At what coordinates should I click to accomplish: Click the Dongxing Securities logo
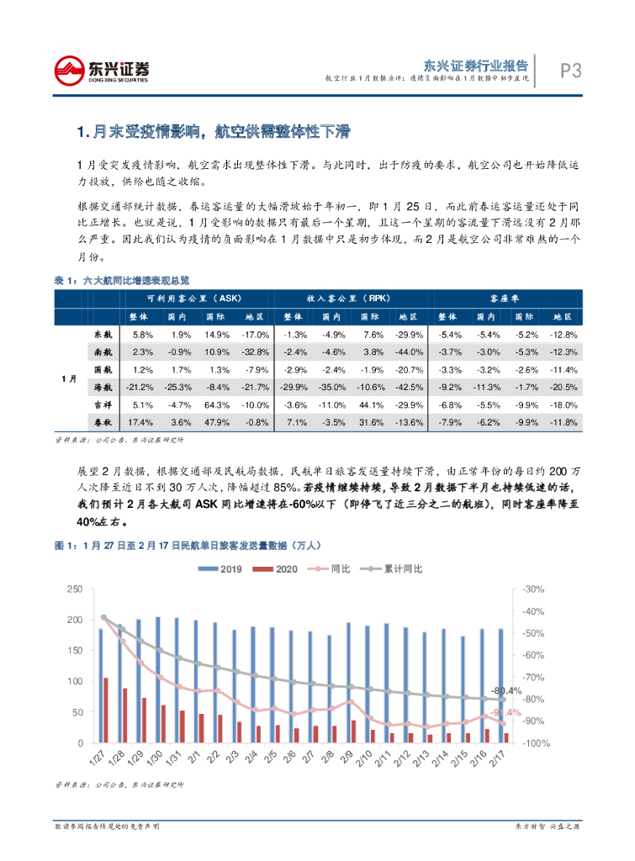tap(101, 71)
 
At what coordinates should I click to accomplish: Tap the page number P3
tap(571, 71)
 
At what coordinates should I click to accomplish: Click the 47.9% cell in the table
tap(218, 421)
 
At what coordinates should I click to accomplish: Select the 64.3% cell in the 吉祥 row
tap(218, 404)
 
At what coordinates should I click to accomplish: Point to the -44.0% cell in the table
tap(407, 351)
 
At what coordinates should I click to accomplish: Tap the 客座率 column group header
tap(505, 298)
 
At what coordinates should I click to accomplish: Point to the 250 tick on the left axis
tap(75, 589)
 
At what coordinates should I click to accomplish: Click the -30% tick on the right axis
tap(533, 589)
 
